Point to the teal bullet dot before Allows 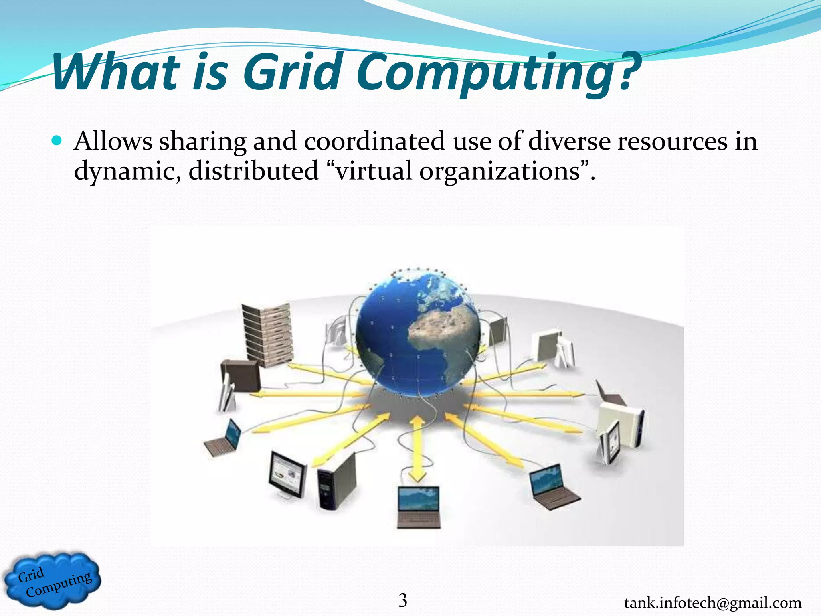(x=57, y=141)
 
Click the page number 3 (x=403, y=600)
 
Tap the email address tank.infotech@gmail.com (x=713, y=602)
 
